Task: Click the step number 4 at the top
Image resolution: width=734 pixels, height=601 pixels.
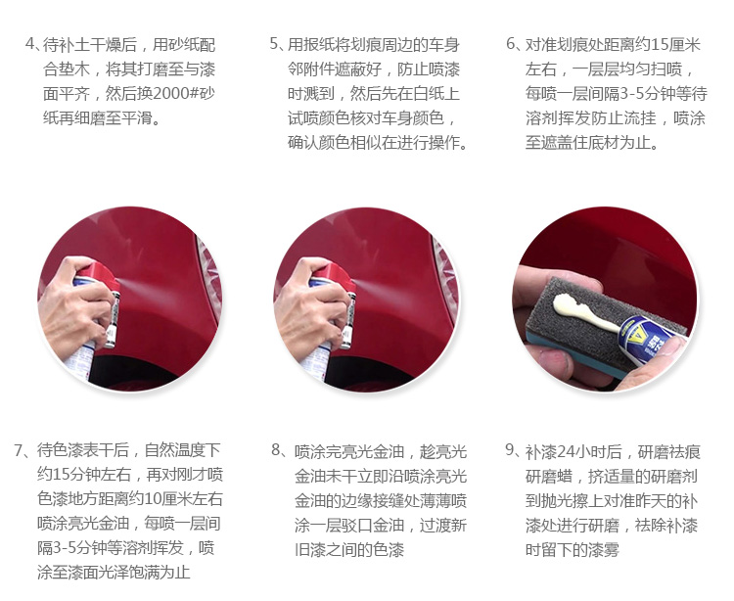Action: [30, 44]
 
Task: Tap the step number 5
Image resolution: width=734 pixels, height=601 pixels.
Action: [274, 44]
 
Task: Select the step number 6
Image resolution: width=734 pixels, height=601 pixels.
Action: [511, 44]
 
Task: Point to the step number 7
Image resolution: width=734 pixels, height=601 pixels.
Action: [19, 450]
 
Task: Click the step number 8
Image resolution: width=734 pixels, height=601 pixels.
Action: [276, 450]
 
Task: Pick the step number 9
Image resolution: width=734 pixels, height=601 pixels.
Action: [510, 450]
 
